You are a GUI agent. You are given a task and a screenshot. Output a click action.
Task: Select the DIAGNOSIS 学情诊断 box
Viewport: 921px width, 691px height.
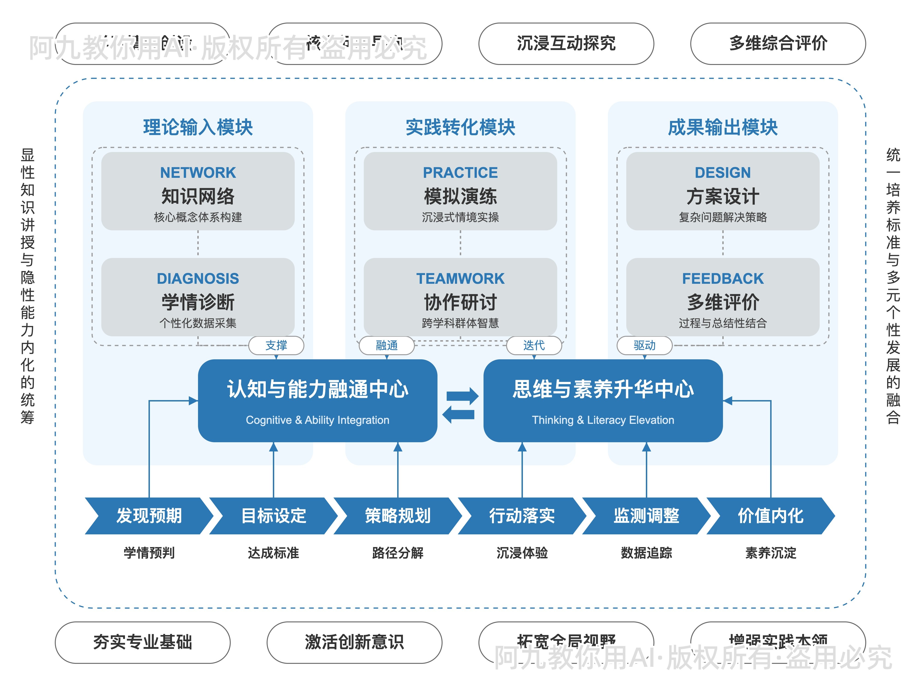pos(198,297)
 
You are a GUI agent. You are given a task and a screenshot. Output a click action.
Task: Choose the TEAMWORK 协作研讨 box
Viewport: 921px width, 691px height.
pos(460,297)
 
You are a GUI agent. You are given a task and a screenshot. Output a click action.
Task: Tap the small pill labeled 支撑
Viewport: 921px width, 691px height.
pos(276,345)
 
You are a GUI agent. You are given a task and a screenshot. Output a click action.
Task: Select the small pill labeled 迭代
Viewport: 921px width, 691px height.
pos(534,345)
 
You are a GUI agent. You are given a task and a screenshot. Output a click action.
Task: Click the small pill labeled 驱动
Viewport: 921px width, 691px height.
pos(644,345)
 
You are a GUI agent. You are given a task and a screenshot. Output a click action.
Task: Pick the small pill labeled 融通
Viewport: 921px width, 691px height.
pos(386,345)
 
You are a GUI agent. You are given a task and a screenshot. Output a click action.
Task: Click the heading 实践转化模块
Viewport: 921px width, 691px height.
pos(460,127)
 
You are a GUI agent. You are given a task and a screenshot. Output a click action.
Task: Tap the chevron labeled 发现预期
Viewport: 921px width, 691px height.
pos(149,516)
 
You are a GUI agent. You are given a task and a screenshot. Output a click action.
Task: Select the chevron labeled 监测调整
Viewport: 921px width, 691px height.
pos(646,516)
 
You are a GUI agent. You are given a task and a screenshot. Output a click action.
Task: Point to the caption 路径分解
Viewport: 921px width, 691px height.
pos(398,553)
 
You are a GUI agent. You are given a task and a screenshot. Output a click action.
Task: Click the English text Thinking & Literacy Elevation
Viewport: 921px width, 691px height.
pos(603,420)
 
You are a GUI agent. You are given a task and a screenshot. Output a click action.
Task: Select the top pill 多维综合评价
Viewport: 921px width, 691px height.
pos(778,43)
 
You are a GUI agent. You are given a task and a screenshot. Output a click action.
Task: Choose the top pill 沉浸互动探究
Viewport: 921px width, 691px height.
pos(566,43)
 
